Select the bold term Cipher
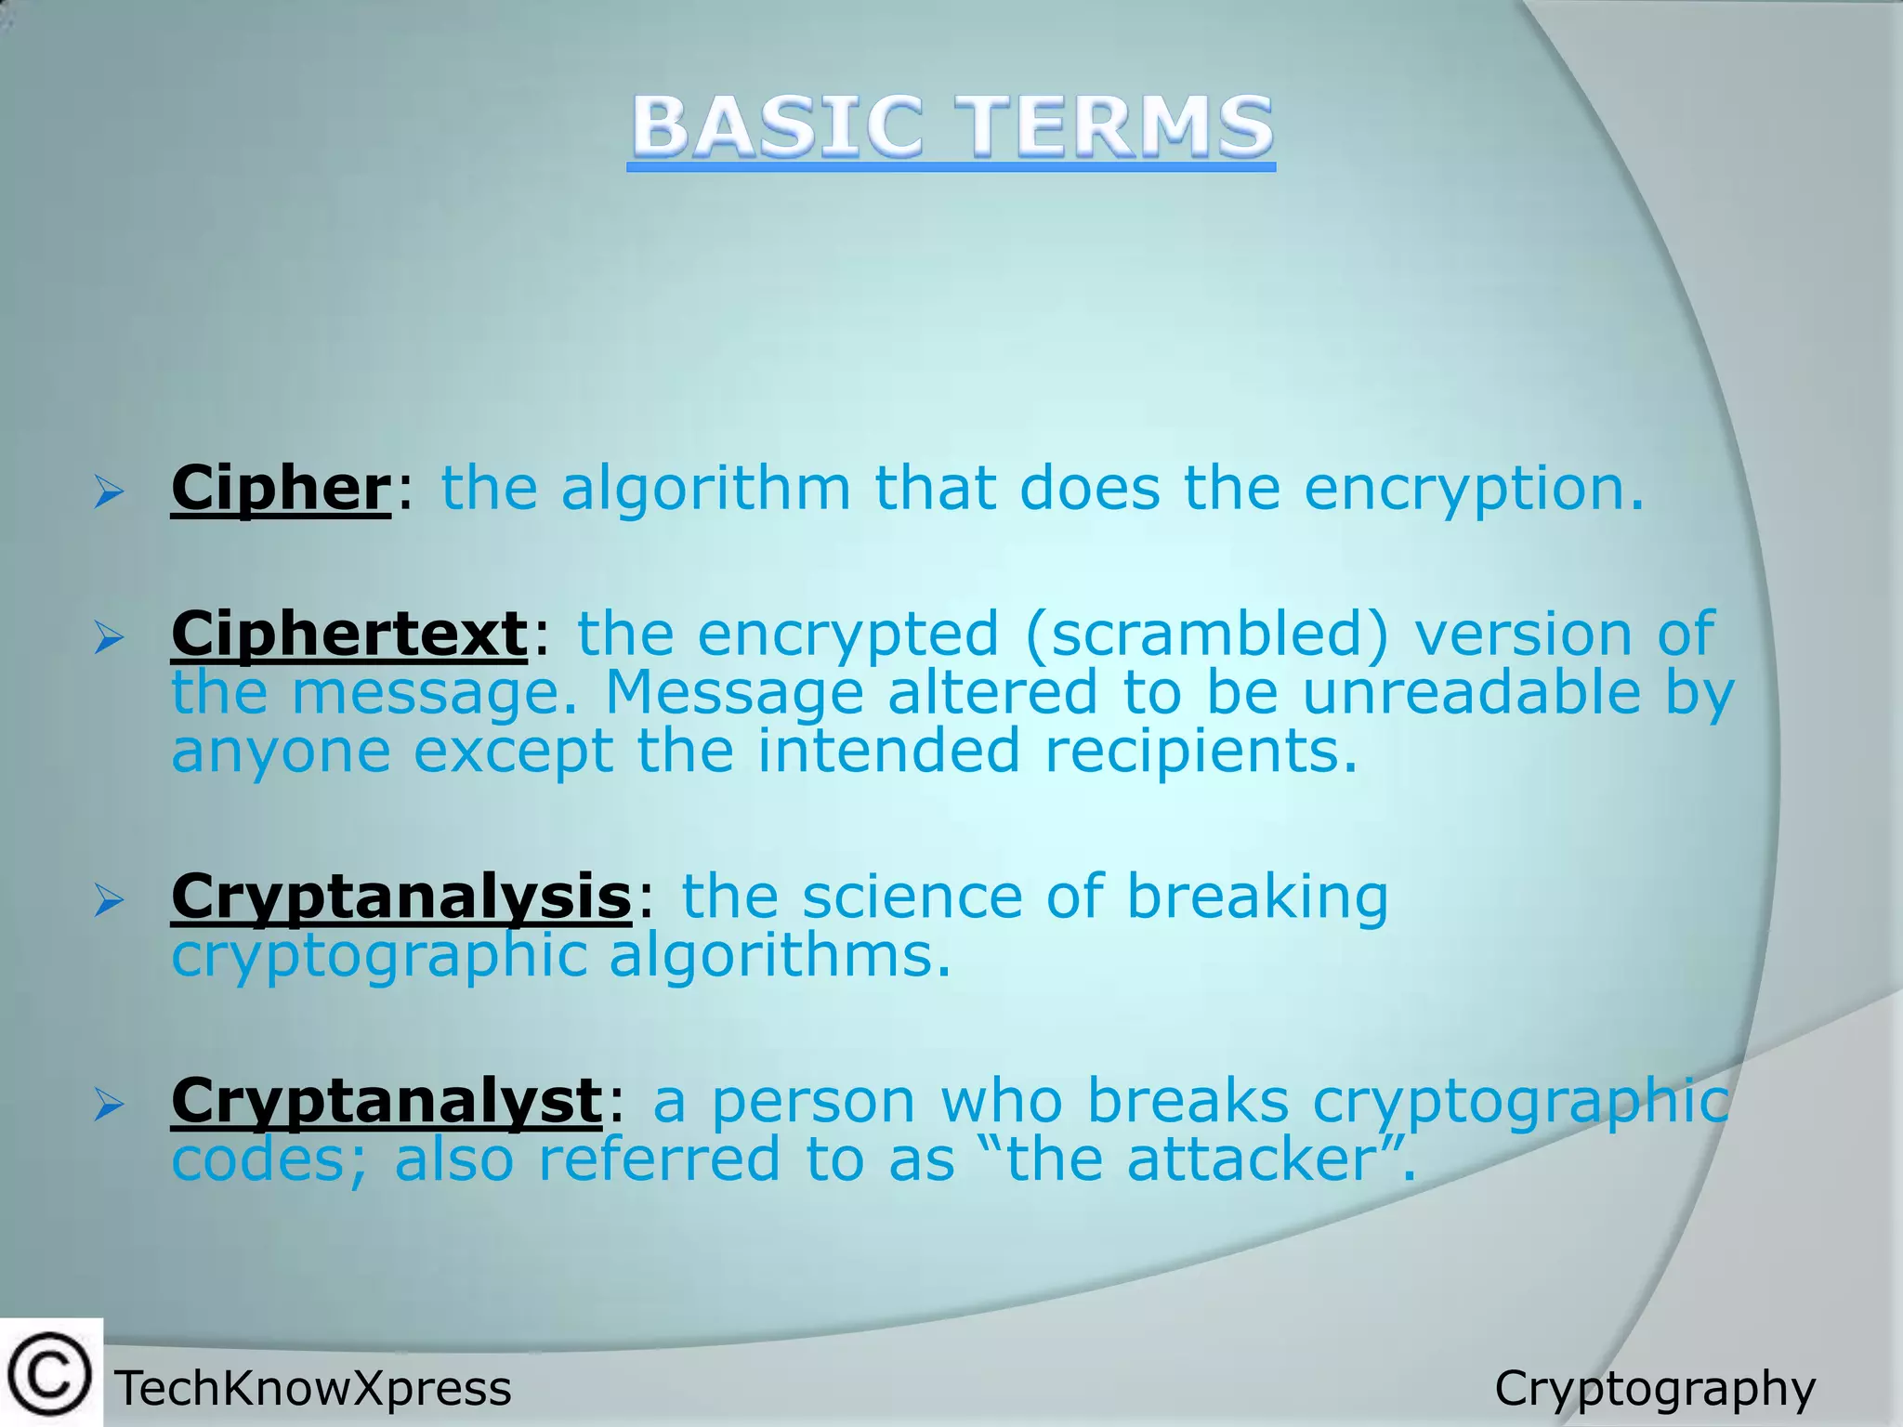coord(281,488)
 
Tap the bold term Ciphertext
coord(349,635)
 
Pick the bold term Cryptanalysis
coord(401,897)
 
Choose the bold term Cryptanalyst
coord(387,1101)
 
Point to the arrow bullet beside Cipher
coord(109,492)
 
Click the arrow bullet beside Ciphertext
coord(109,638)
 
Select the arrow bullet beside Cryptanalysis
coord(109,900)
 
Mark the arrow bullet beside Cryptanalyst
coord(109,1105)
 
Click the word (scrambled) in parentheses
coord(1207,635)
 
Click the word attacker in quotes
coord(1251,1160)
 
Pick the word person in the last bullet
coord(814,1103)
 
